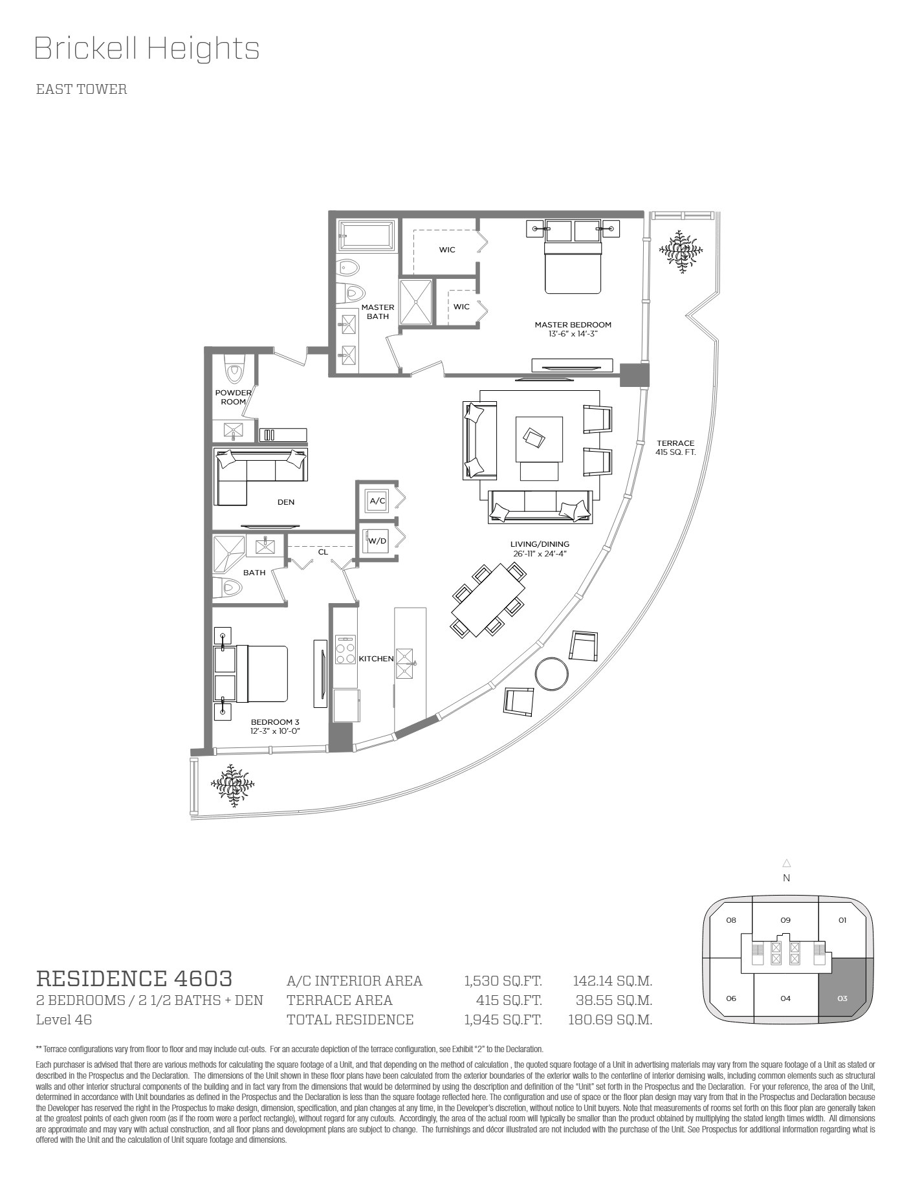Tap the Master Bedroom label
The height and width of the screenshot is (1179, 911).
(x=573, y=325)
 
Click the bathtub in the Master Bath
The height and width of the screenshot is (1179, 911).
(x=366, y=236)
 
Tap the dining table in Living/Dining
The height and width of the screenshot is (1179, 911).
(x=488, y=600)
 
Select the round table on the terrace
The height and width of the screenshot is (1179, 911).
(x=552, y=674)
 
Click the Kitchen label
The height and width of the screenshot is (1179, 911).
(x=376, y=659)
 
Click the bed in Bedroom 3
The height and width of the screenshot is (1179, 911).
(x=251, y=674)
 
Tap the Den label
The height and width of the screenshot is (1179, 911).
(x=286, y=502)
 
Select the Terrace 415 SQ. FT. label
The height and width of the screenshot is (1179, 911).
(x=675, y=448)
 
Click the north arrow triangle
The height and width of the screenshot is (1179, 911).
(x=787, y=863)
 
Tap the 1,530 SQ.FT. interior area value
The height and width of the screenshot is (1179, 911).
(x=503, y=981)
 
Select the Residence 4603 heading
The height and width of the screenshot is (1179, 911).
(x=134, y=978)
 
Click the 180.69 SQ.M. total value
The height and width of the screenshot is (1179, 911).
(x=610, y=1020)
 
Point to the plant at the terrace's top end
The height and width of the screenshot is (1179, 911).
(x=681, y=250)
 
